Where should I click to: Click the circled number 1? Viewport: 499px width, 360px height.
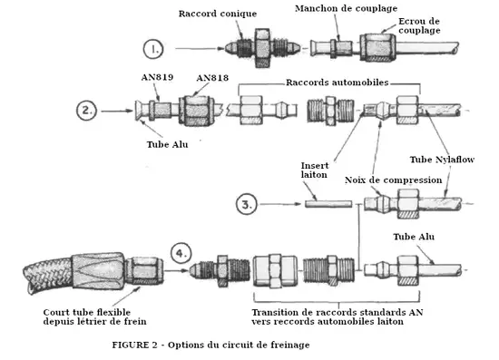click(x=153, y=49)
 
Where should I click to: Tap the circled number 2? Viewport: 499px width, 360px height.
click(x=86, y=111)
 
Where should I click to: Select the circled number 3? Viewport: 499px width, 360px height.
click(x=246, y=204)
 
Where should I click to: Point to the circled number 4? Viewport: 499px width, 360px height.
click(x=181, y=254)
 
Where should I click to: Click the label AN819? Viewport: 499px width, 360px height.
click(x=157, y=77)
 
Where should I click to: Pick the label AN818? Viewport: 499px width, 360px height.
click(x=212, y=78)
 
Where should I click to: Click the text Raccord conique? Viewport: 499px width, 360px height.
click(x=218, y=14)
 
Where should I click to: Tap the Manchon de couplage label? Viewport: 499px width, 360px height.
click(x=346, y=8)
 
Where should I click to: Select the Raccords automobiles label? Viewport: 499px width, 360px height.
click(x=338, y=83)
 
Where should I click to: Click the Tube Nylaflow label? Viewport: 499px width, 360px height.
click(x=442, y=160)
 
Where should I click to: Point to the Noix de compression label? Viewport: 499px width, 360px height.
click(x=394, y=180)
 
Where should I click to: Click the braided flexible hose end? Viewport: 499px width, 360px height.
click(x=48, y=274)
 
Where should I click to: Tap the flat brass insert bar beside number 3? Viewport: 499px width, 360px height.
click(x=328, y=204)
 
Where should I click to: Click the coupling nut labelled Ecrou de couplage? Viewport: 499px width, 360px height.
click(x=377, y=48)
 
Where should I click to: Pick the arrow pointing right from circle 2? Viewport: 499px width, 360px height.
click(x=117, y=111)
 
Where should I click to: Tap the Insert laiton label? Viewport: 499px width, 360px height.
click(x=315, y=170)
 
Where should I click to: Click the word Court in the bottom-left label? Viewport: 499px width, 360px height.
click(x=56, y=312)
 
